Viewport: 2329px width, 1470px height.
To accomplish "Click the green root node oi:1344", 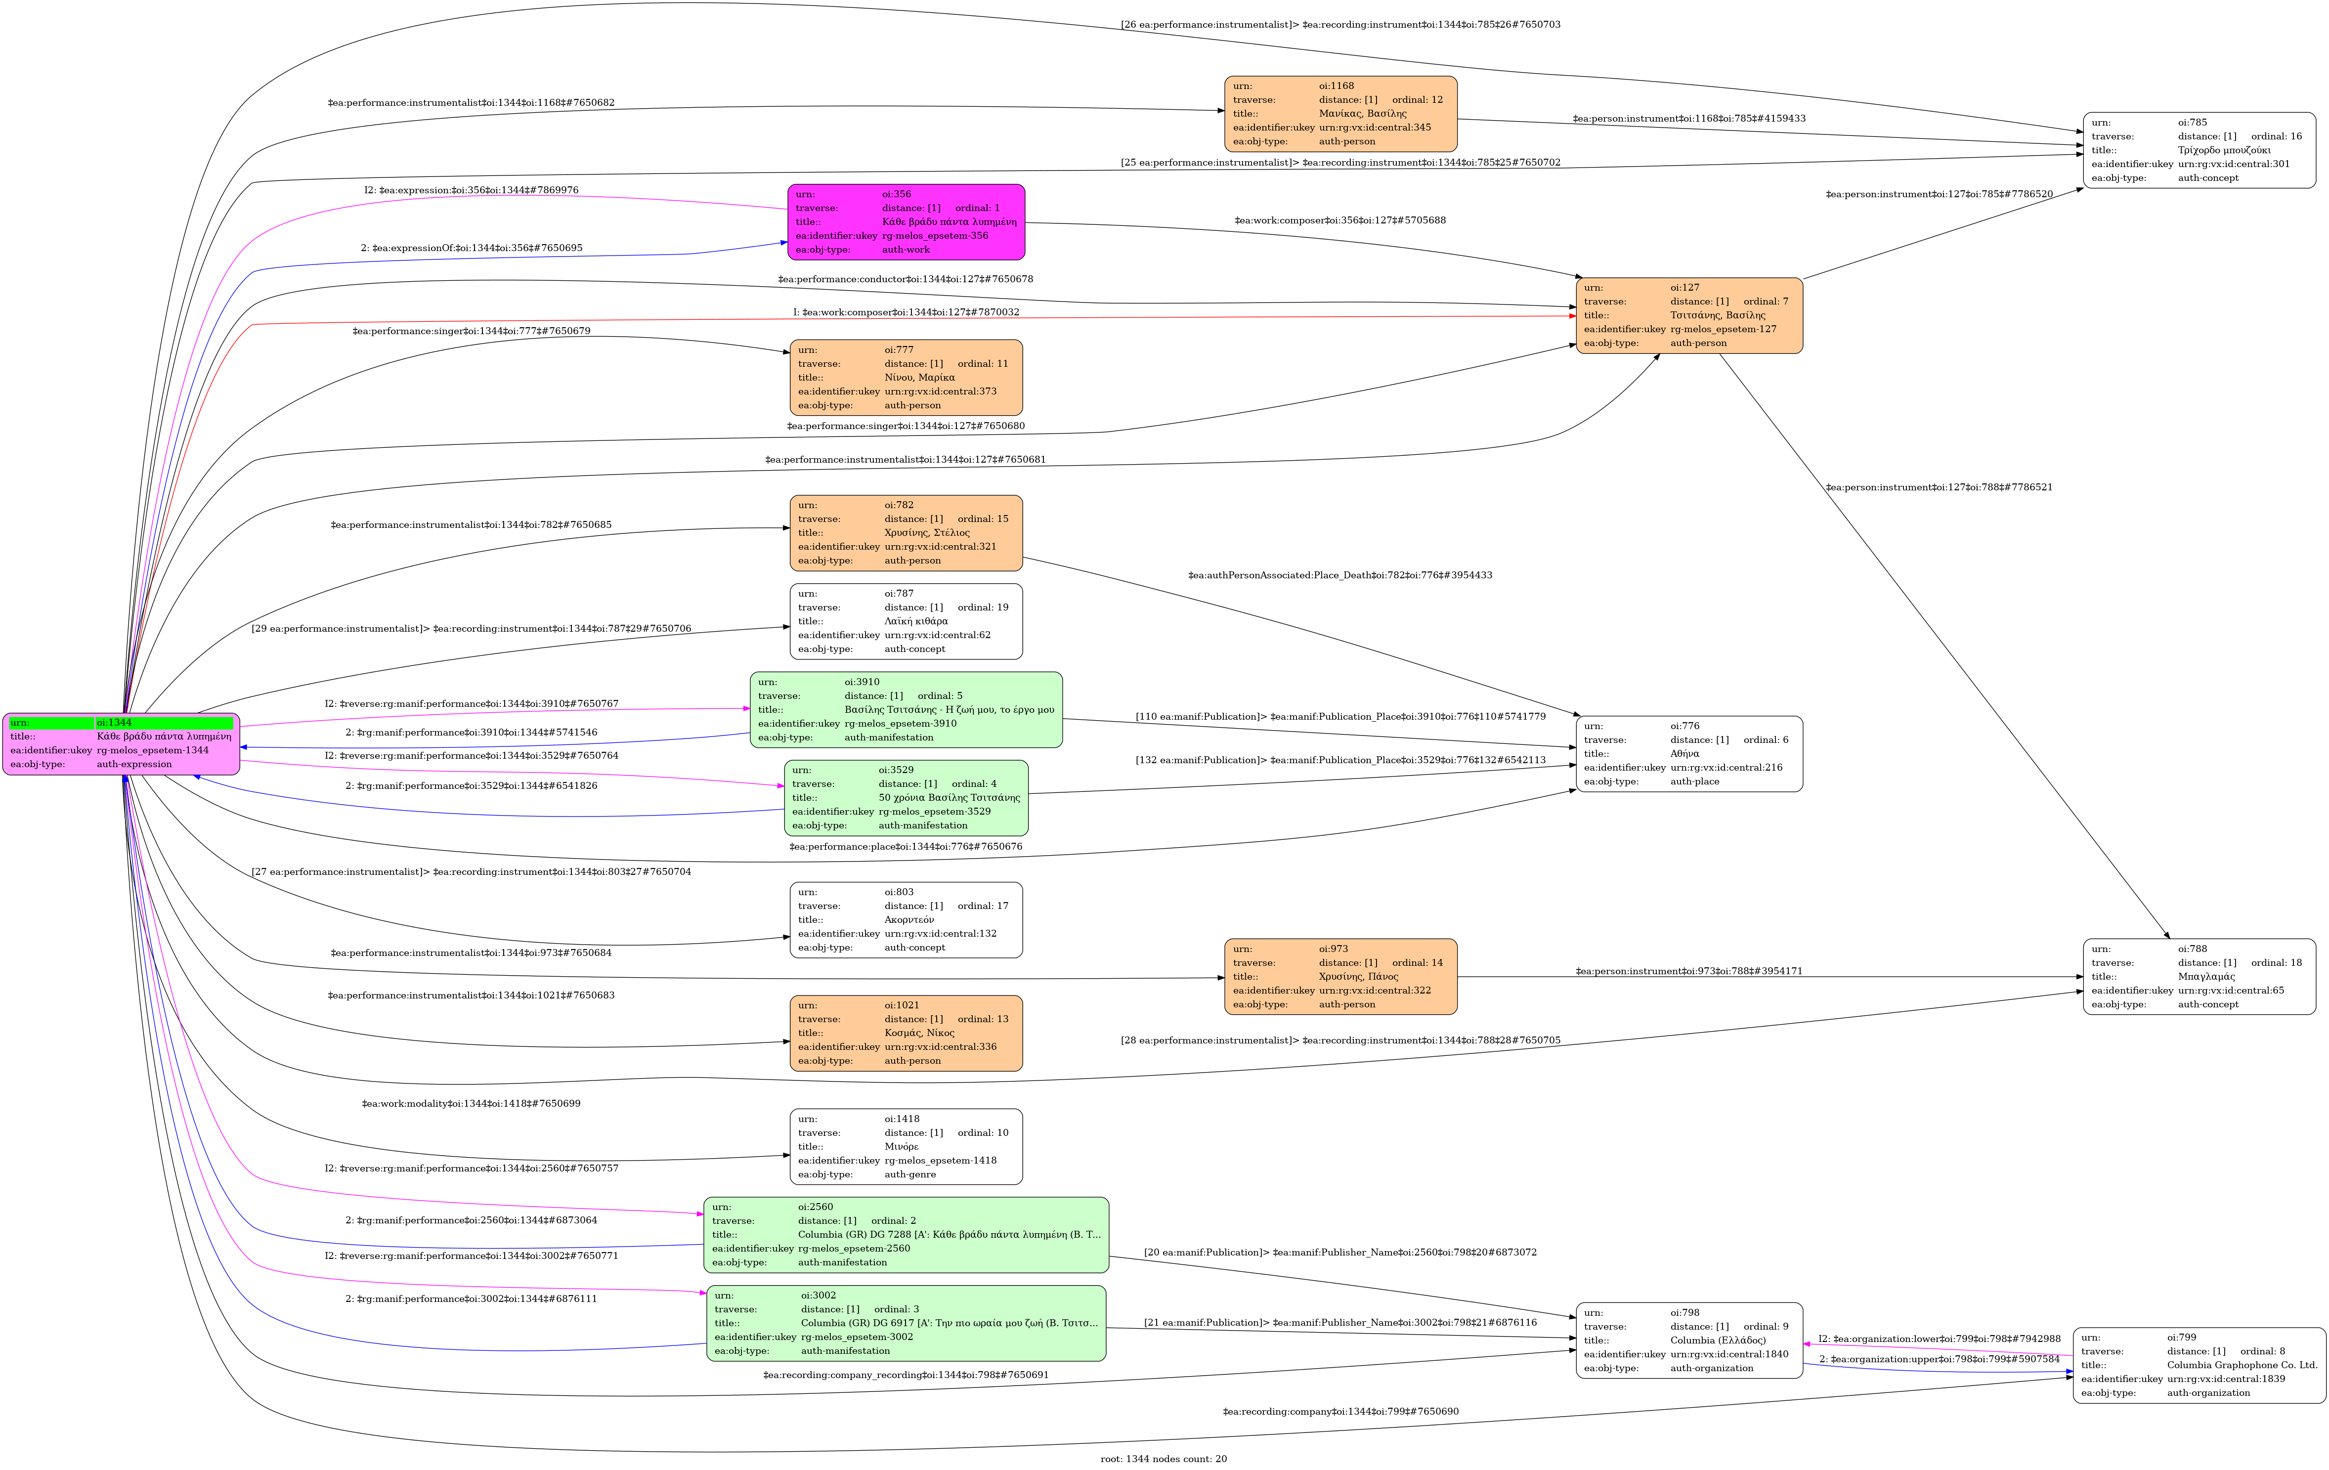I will pyautogui.click(x=121, y=744).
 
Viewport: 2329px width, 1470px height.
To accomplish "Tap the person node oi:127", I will pyautogui.click(x=1689, y=315).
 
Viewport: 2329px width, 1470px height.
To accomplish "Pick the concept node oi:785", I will pyautogui.click(x=2199, y=150).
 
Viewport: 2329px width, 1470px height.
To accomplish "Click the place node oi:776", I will pyautogui.click(x=1689, y=753).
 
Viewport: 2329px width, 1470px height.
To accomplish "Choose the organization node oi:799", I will pyautogui.click(x=2199, y=1365).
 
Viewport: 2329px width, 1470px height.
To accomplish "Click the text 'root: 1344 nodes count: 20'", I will pyautogui.click(x=1164, y=1459).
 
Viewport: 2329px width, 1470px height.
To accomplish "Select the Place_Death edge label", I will pyautogui.click(x=1339, y=575).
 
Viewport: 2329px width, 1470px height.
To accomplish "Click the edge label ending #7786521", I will pyautogui.click(x=1938, y=487).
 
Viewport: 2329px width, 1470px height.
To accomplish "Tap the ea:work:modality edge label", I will pyautogui.click(x=471, y=1103).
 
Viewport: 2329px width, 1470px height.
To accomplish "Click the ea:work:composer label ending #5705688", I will pyautogui.click(x=1339, y=220).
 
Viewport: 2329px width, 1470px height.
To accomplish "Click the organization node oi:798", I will pyautogui.click(x=1689, y=1340).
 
